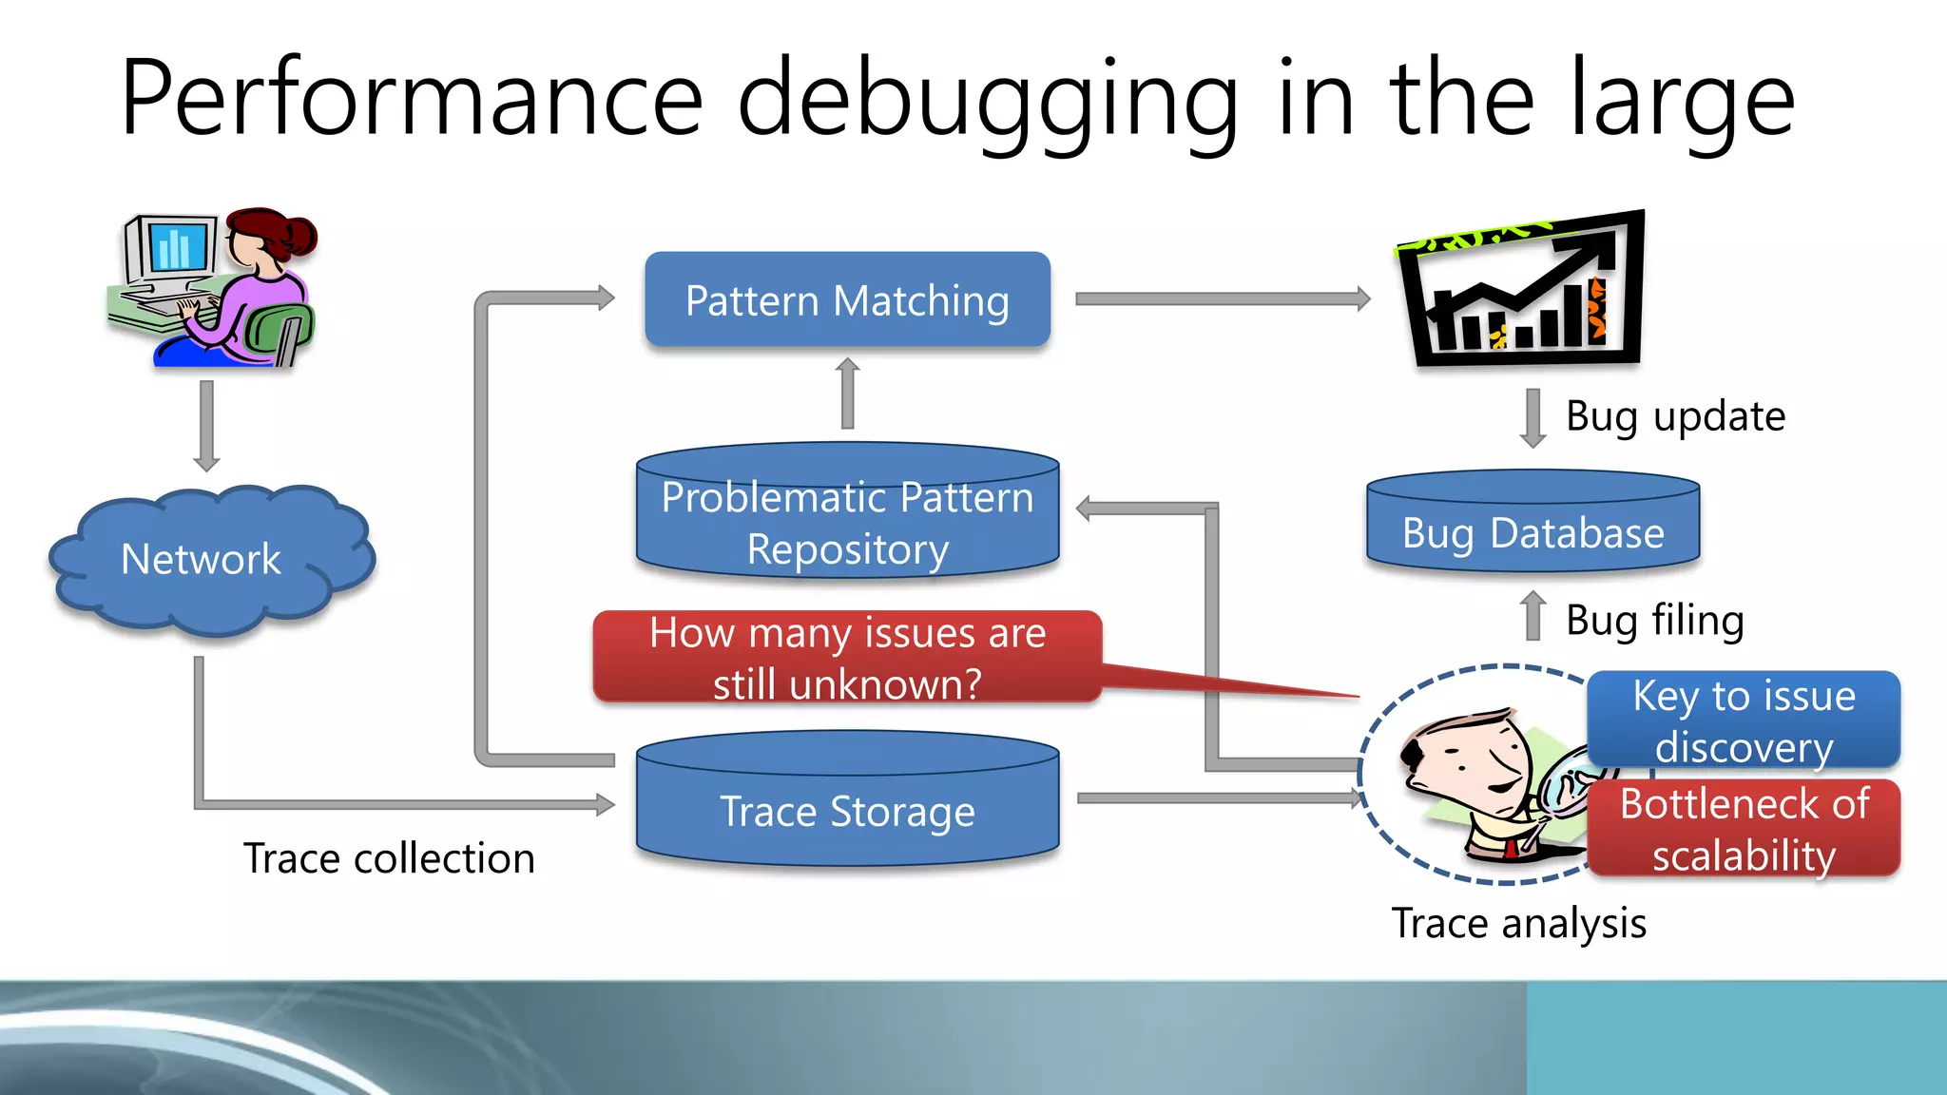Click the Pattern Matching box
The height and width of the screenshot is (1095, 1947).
pos(847,299)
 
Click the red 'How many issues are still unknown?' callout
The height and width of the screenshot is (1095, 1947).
pos(847,658)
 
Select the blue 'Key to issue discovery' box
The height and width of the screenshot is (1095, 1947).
pos(1744,720)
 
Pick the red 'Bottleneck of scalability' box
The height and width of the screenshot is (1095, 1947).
pos(1744,829)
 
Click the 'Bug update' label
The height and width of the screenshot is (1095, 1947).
pos(1675,416)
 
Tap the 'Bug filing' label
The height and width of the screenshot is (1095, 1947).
pos(1654,620)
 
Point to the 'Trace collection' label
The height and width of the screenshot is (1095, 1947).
pos(389,858)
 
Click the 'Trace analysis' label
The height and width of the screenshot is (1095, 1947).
pos(1518,923)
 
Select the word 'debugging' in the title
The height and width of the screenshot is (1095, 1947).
pos(989,100)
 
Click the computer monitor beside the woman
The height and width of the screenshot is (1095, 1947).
pos(172,249)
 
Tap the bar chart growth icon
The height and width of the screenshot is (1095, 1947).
pos(1521,290)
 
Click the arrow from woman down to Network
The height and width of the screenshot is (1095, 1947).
pos(206,425)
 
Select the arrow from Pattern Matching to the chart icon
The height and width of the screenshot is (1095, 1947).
pos(1222,299)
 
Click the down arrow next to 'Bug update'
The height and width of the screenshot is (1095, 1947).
pos(1533,417)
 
